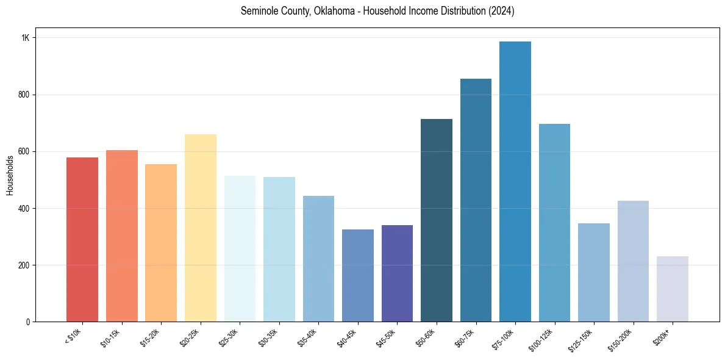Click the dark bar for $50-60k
[437, 220]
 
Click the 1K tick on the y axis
[26, 38]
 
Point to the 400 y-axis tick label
[24, 209]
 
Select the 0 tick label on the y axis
[27, 322]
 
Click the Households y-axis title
[10, 175]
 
